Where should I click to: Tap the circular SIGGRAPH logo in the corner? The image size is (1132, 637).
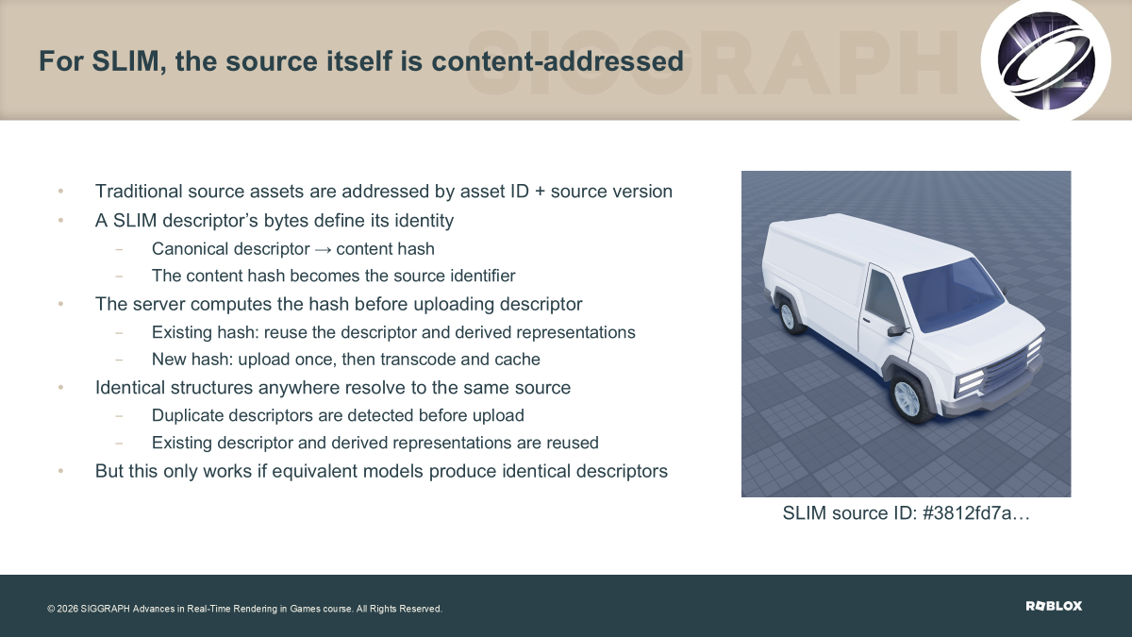click(1045, 60)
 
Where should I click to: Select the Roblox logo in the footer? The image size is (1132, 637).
click(1054, 606)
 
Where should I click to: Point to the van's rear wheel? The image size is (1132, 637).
click(789, 315)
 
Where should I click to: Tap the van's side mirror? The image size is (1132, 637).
click(895, 330)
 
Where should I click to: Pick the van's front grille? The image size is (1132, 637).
click(1009, 369)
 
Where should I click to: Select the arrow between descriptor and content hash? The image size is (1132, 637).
click(323, 250)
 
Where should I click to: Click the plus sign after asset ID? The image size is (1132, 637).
click(540, 193)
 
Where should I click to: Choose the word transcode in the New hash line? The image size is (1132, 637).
click(418, 360)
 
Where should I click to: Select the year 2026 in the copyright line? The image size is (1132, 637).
click(67, 609)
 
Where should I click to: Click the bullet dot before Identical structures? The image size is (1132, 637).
click(60, 387)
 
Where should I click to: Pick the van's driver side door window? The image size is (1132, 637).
click(882, 298)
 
